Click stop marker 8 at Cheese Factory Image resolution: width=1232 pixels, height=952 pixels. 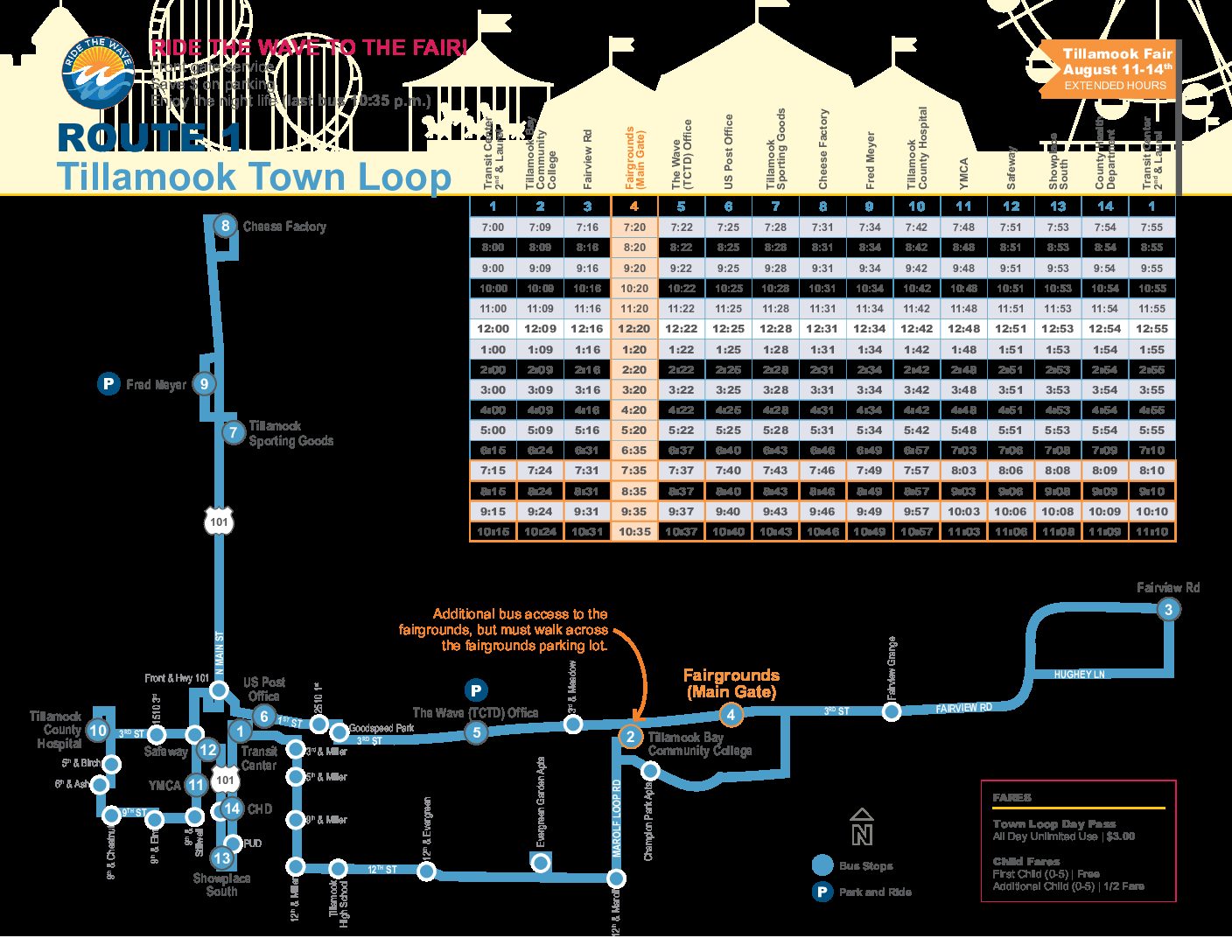225,226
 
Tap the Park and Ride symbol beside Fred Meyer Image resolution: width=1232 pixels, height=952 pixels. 108,383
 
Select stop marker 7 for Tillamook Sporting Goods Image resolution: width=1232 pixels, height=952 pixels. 233,431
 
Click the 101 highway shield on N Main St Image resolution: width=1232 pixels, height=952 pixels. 219,521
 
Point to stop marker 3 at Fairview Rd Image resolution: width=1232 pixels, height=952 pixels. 1168,610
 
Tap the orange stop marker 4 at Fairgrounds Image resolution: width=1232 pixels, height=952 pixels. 731,715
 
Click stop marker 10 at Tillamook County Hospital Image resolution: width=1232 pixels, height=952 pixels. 98,731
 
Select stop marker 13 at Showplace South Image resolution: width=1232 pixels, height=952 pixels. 222,857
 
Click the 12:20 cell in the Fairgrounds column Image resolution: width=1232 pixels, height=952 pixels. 634,329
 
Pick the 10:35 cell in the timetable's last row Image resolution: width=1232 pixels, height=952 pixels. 634,531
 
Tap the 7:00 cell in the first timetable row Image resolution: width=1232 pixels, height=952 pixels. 493,227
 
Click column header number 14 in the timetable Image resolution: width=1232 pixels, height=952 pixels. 1105,206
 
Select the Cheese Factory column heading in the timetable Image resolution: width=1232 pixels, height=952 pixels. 822,149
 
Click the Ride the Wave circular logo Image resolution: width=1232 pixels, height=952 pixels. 98,72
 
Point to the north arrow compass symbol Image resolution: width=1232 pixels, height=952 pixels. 862,827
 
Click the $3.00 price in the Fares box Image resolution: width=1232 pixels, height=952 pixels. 1120,836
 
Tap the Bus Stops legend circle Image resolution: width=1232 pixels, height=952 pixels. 822,865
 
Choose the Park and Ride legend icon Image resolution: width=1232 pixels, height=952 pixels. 822,892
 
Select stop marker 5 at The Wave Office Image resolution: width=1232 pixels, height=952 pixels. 477,732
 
